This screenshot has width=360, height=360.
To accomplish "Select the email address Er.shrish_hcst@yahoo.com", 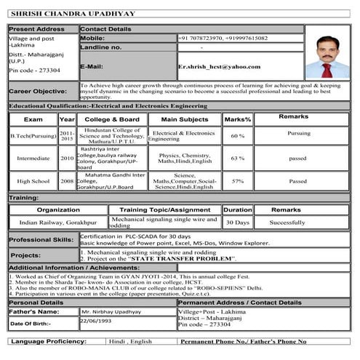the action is [219, 66].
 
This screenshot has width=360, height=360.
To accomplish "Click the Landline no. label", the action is [101, 47].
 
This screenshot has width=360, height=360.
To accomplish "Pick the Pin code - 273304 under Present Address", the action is [34, 70].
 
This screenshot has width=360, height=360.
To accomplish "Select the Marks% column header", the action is [237, 119].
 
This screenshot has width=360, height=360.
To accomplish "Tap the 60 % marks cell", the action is [237, 136].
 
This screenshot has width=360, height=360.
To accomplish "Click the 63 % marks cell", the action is [237, 158].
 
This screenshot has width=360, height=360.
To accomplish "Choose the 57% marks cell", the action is [237, 181].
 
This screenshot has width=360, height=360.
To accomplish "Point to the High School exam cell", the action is [33, 181].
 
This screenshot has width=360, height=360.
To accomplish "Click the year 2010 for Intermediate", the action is [67, 158].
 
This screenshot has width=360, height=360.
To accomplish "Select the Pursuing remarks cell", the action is [298, 134].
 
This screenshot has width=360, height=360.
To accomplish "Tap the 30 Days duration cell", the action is [237, 223].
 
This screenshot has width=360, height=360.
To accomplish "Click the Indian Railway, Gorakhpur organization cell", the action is [57, 223].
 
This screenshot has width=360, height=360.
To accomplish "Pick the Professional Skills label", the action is [41, 239].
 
